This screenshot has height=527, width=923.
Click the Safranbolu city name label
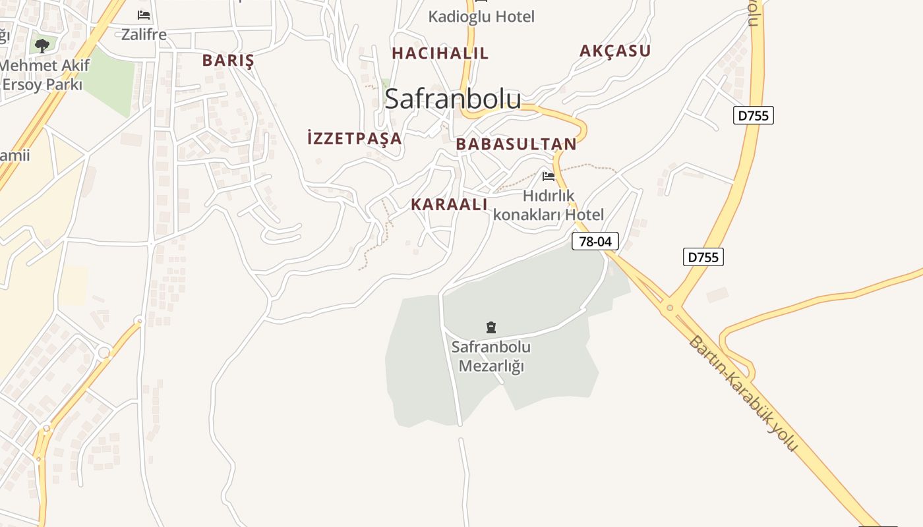click(x=452, y=99)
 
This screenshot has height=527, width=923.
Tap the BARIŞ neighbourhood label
click(x=228, y=61)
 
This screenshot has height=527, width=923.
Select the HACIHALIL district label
click(x=440, y=53)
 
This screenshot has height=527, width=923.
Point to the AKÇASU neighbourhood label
click(x=615, y=51)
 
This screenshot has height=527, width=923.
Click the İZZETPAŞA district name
click(x=355, y=138)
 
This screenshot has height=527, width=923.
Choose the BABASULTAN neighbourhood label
click(x=516, y=144)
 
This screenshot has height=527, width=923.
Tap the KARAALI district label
click(x=449, y=204)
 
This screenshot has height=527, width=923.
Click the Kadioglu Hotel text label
click(x=481, y=16)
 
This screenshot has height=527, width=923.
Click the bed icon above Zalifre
click(x=144, y=15)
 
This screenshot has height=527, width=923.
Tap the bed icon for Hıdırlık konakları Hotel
click(x=549, y=176)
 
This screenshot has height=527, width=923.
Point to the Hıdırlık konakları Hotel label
click(x=549, y=205)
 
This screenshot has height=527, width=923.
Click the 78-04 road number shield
click(x=595, y=241)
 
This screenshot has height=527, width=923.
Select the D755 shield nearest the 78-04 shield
click(x=703, y=257)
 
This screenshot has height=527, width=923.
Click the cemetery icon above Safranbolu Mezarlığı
click(x=491, y=327)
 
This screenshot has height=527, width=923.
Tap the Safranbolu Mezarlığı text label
click(x=491, y=356)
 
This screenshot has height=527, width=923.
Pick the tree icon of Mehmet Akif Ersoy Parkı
click(x=42, y=45)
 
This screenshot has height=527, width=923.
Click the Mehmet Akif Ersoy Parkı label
click(x=43, y=75)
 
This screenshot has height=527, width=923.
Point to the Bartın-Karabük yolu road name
click(x=743, y=394)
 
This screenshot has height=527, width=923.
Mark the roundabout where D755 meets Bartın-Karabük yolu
click(x=670, y=307)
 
